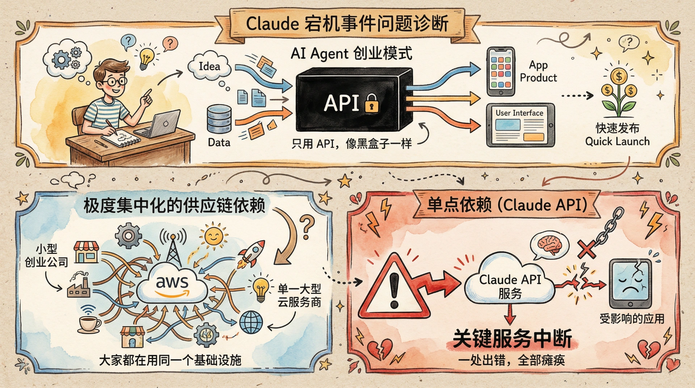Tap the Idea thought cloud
tap(209, 66)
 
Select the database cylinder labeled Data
tap(219, 119)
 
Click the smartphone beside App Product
tap(501, 71)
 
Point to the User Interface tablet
tap(520, 125)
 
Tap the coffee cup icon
tap(89, 323)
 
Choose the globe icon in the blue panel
tap(251, 322)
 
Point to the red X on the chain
tap(586, 250)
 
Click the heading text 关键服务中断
tap(512, 339)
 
